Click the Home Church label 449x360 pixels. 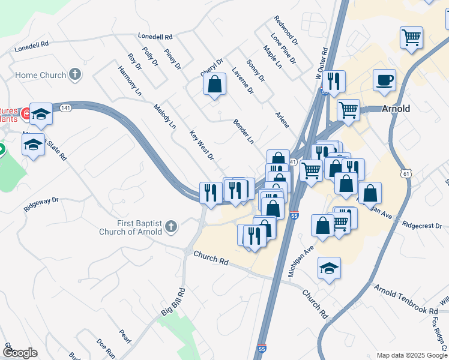[x=40, y=75]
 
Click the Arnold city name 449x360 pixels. [x=396, y=109]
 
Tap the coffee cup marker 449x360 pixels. [x=384, y=80]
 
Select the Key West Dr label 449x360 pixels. [x=202, y=146]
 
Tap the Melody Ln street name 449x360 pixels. [x=164, y=116]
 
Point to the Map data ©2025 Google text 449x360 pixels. [x=411, y=355]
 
